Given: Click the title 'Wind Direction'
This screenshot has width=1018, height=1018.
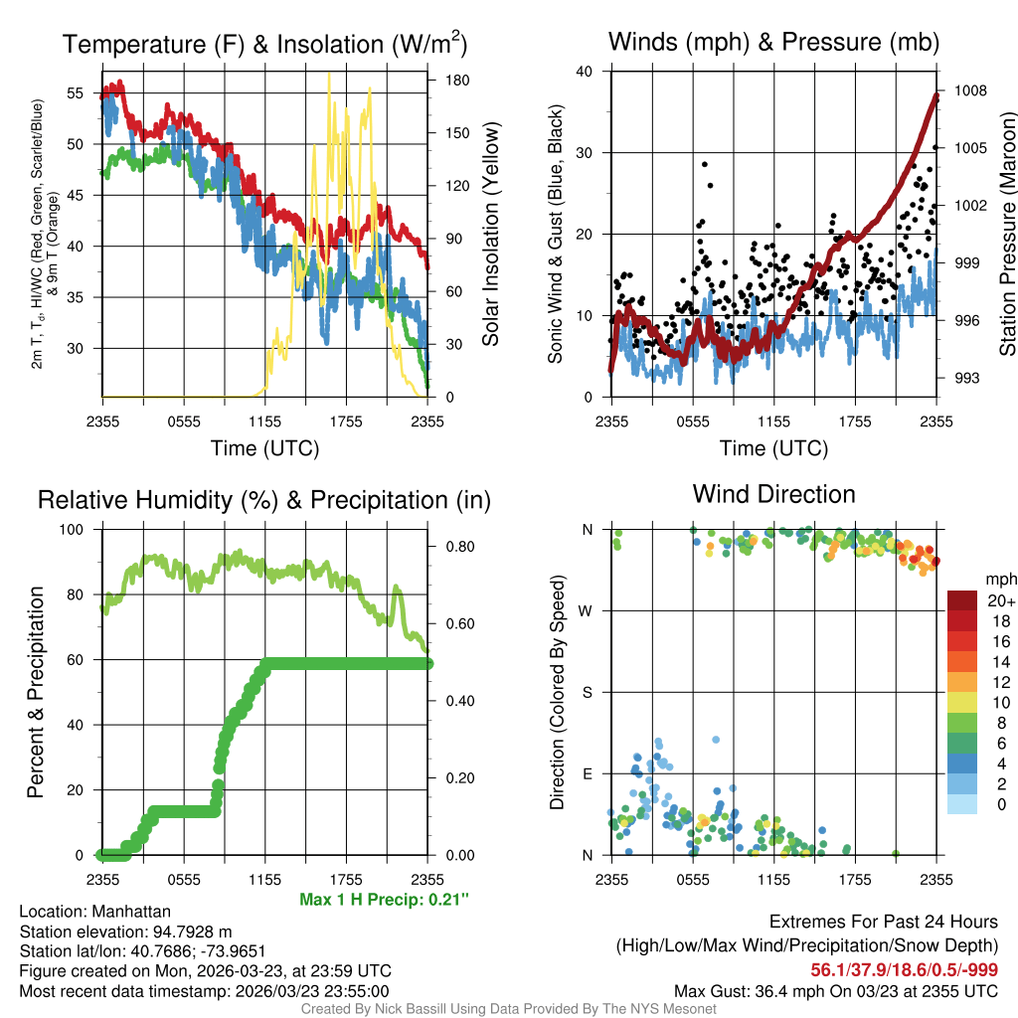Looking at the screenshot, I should pos(773,494).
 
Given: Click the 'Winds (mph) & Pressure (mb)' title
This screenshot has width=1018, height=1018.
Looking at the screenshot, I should pos(773,42).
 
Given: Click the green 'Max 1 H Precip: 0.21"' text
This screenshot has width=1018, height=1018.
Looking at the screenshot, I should pos(384,900).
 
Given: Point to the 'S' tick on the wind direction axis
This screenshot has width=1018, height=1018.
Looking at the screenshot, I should pos(587,692).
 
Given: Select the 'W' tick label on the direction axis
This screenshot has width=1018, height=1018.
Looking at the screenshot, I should pos(587,610).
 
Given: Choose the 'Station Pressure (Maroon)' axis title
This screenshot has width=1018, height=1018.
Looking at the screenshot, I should pos(1007,234).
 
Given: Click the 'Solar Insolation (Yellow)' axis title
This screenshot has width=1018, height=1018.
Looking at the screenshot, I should pos(490,234).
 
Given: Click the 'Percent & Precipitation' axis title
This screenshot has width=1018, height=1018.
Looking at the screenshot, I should pos(35,692).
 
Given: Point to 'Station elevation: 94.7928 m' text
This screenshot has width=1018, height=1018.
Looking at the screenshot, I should pos(125,932).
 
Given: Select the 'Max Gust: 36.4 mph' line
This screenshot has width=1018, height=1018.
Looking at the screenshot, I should pos(836,991).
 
